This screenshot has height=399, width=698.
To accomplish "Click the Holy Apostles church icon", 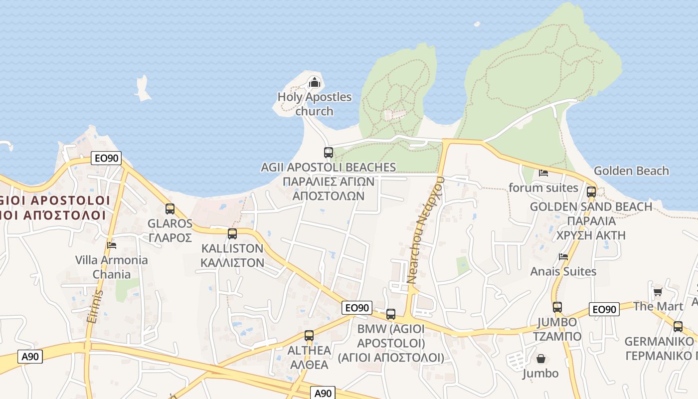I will pyautogui.click(x=314, y=82).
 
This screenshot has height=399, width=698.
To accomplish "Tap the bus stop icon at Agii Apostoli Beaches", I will pyautogui.click(x=328, y=153).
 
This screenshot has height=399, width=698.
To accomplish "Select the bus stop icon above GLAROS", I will pyautogui.click(x=170, y=209).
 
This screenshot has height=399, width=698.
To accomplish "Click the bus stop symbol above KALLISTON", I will pyautogui.click(x=232, y=233).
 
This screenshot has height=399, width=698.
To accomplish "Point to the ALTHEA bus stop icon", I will pyautogui.click(x=309, y=336).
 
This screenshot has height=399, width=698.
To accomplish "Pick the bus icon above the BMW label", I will pyautogui.click(x=391, y=314).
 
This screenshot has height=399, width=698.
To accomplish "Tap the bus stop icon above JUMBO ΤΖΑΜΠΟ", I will pyautogui.click(x=557, y=307).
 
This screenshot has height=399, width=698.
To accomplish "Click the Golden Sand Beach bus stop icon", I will pyautogui.click(x=591, y=192).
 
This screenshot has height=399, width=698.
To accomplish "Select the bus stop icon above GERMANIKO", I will pyautogui.click(x=678, y=327).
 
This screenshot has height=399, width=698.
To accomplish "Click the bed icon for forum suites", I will pyautogui.click(x=543, y=173).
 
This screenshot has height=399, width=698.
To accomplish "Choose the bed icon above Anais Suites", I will pyautogui.click(x=563, y=257).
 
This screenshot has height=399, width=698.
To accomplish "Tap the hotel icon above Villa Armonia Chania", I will pyautogui.click(x=112, y=245).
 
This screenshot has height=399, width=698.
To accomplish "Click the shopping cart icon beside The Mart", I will pyautogui.click(x=658, y=292).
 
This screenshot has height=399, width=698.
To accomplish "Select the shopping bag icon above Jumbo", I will pyautogui.click(x=541, y=359).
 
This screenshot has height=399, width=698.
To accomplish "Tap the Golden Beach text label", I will pyautogui.click(x=631, y=171).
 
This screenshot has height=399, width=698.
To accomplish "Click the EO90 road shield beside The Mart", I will pyautogui.click(x=604, y=309).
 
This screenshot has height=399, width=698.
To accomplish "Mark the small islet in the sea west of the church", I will pyautogui.click(x=143, y=89).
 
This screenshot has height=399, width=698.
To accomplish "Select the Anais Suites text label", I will pyautogui.click(x=563, y=271).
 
